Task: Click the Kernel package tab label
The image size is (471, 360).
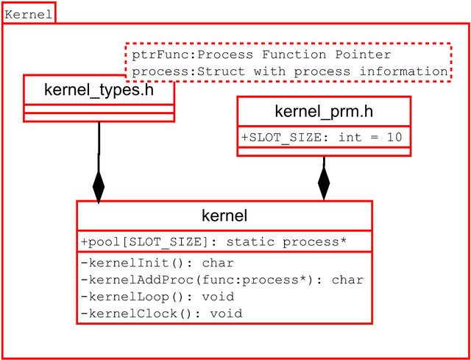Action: [28, 14]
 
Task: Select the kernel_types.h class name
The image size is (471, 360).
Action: [99, 90]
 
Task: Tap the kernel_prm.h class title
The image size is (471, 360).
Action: [323, 112]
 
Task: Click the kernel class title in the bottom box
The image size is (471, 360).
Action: [224, 216]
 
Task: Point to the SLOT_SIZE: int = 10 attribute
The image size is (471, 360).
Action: [323, 138]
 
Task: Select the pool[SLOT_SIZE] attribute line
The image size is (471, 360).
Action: [213, 242]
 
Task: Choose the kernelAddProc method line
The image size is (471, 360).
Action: [222, 279]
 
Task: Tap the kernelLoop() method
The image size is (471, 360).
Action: [157, 297]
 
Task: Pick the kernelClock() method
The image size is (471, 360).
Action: [161, 314]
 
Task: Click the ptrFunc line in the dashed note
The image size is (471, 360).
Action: [261, 54]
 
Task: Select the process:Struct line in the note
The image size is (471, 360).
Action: [289, 71]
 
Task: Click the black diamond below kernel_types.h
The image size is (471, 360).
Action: [98, 186]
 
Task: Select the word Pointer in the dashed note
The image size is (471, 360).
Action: [365, 54]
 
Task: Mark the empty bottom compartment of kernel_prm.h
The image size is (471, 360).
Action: [323, 152]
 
